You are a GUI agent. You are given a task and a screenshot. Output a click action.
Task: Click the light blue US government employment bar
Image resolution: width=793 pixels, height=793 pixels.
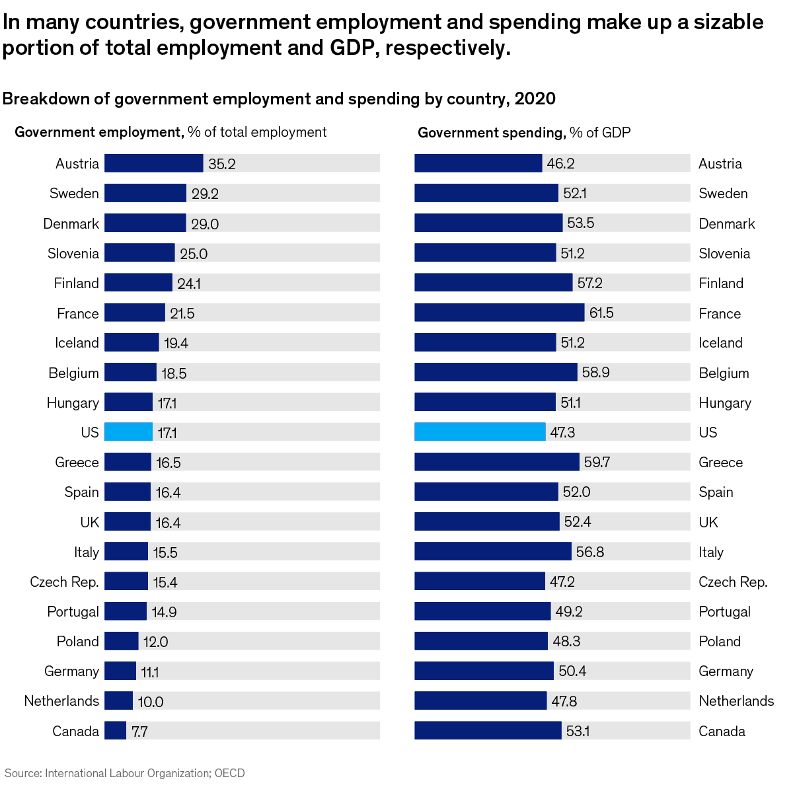pyautogui.click(x=128, y=432)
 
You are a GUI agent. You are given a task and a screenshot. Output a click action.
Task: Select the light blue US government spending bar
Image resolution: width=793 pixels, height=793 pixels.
pyautogui.click(x=480, y=432)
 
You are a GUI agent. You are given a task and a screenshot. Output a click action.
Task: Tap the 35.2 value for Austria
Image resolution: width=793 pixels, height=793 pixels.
pyautogui.click(x=222, y=164)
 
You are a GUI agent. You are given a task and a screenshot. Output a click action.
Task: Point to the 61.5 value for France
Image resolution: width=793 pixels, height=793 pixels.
pyautogui.click(x=601, y=313)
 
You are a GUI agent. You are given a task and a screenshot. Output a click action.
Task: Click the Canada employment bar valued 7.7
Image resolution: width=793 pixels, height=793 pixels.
pyautogui.click(x=115, y=731)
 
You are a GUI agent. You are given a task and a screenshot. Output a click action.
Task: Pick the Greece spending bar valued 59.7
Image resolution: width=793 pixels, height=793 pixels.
pyautogui.click(x=497, y=462)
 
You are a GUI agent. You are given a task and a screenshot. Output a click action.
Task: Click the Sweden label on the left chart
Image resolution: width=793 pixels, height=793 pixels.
pyautogui.click(x=74, y=194)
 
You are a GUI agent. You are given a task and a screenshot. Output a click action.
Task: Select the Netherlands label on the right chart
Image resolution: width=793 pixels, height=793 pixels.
pyautogui.click(x=736, y=701)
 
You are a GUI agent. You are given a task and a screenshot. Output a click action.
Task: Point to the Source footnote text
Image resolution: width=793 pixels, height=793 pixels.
pyautogui.click(x=125, y=773)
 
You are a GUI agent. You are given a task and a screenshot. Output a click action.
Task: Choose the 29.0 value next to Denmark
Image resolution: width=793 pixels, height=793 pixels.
pyautogui.click(x=205, y=224)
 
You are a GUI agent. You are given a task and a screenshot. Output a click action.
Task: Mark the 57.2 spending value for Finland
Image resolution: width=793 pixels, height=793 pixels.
pyautogui.click(x=589, y=283)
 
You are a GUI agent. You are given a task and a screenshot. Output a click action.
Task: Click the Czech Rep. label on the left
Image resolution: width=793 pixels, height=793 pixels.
pyautogui.click(x=64, y=582)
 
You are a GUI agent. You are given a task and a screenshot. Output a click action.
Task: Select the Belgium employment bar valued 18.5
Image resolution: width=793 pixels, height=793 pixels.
pyautogui.click(x=130, y=373)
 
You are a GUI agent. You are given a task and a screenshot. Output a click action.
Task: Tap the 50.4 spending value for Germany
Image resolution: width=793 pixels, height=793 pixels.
pyautogui.click(x=572, y=671)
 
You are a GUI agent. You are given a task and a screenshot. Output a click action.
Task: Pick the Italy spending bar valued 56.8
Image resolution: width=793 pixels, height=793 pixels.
pyautogui.click(x=493, y=552)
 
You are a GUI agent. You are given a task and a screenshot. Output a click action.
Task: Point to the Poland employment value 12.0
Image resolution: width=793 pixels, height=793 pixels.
pyautogui.click(x=156, y=642)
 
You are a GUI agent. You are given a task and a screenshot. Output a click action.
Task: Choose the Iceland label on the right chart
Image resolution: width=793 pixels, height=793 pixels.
pyautogui.click(x=720, y=343)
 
